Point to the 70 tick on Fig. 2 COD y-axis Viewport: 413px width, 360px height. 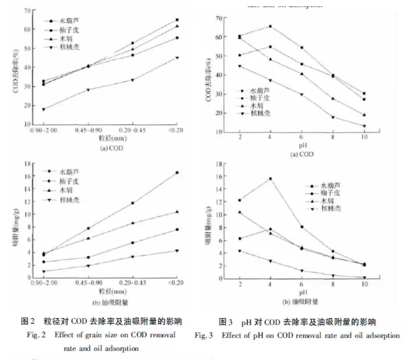point(27,10)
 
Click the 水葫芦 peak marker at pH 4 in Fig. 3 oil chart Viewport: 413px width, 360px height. point(270,179)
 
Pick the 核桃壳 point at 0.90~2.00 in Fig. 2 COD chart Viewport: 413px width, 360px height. point(43,109)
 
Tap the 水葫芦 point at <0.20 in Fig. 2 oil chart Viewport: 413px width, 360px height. point(177,172)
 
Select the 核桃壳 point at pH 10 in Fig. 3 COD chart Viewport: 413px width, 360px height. point(364,126)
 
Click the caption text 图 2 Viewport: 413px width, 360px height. point(28,322)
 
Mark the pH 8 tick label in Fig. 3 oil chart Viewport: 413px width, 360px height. point(332,285)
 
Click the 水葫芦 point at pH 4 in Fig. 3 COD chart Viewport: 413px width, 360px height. point(270,26)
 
